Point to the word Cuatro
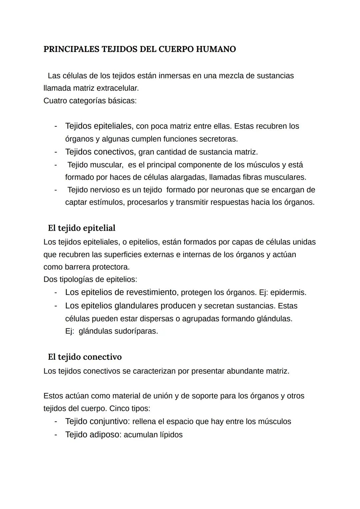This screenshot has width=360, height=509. pyautogui.click(x=55, y=101)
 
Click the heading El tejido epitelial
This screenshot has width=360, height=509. pyautogui.click(x=82, y=228)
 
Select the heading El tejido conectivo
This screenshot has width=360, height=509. pyautogui.click(x=85, y=357)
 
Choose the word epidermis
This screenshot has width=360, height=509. pyautogui.click(x=288, y=293)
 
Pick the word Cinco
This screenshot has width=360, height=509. pyautogui.click(x=120, y=408)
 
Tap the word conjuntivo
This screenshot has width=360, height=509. pyautogui.click(x=109, y=421)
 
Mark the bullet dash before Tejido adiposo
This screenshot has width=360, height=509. pyautogui.click(x=56, y=435)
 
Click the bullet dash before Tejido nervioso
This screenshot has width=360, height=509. pyautogui.click(x=56, y=190)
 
